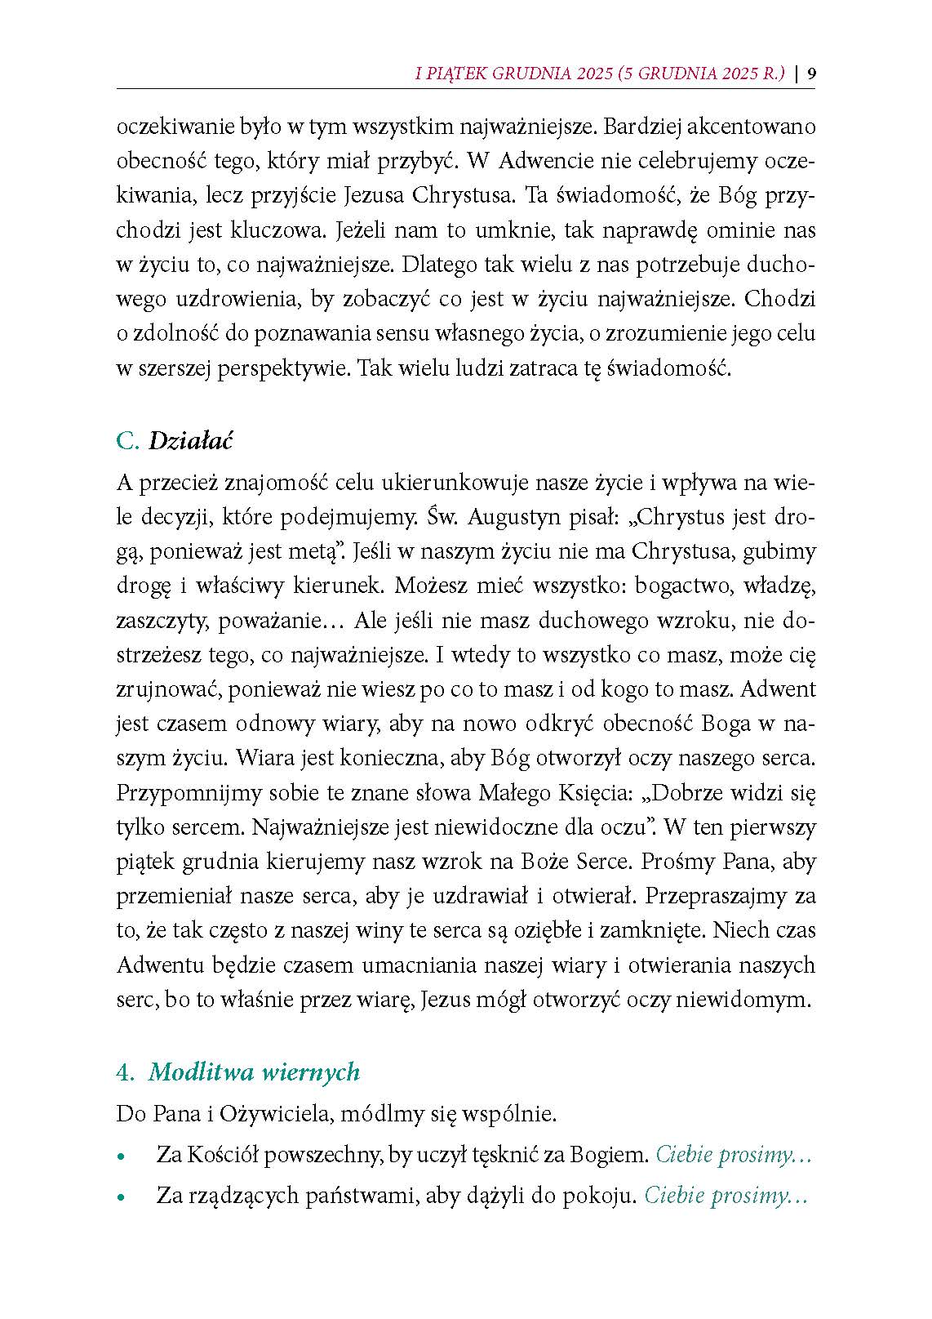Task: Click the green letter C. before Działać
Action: coord(128,441)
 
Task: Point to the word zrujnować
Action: coord(169,689)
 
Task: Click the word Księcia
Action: coord(588,792)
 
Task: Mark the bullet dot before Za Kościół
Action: coord(122,1157)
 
